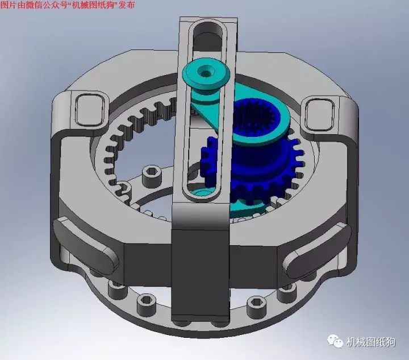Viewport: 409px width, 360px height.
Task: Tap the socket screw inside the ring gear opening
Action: tap(151, 176)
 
